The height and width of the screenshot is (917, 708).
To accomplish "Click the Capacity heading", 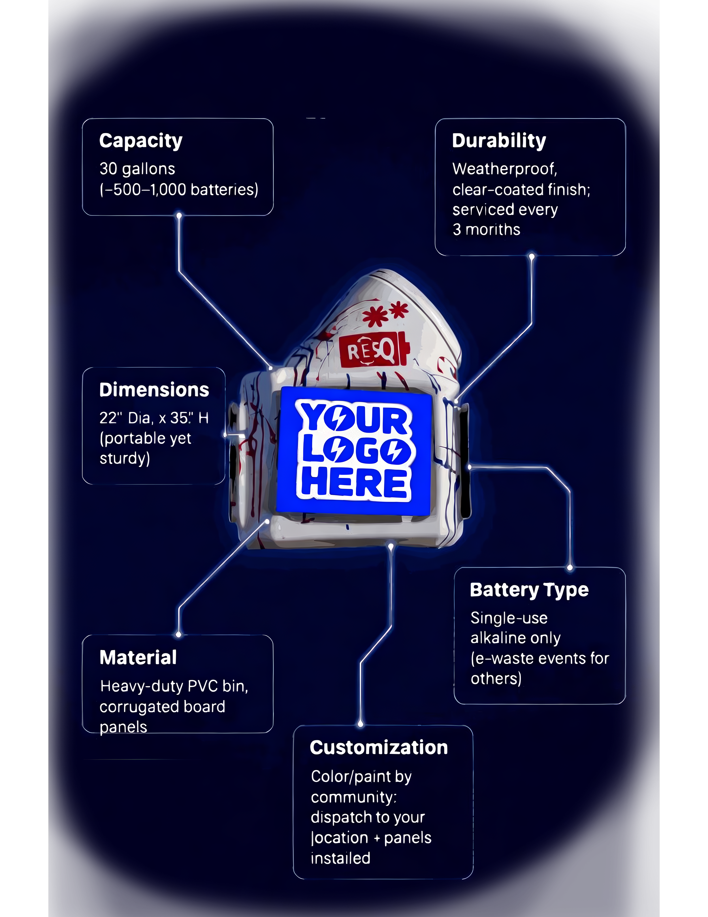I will [141, 141].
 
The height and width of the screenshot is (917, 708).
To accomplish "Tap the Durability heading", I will [499, 141].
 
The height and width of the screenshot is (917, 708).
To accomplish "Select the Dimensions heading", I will [154, 390].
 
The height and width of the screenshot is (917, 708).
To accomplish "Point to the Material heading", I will [138, 657].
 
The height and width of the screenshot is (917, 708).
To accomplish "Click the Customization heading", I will [379, 748].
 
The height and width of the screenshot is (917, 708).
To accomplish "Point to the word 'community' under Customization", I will [352, 797].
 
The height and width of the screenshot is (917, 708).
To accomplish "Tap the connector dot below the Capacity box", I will [179, 216].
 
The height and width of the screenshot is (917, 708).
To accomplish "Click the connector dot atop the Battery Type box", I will [570, 568].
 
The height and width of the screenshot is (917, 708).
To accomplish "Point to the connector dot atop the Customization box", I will [360, 724].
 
